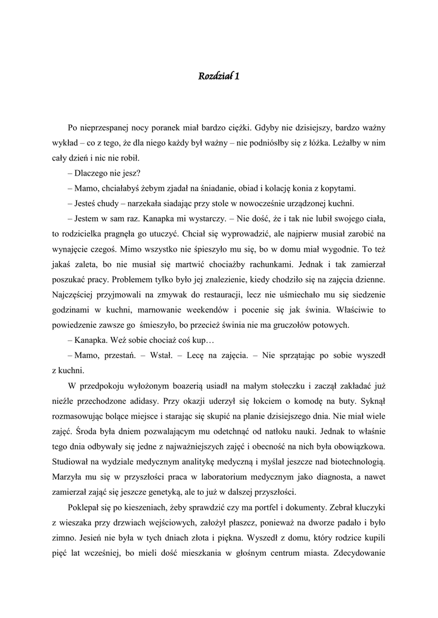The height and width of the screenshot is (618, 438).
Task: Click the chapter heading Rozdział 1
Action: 219,76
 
